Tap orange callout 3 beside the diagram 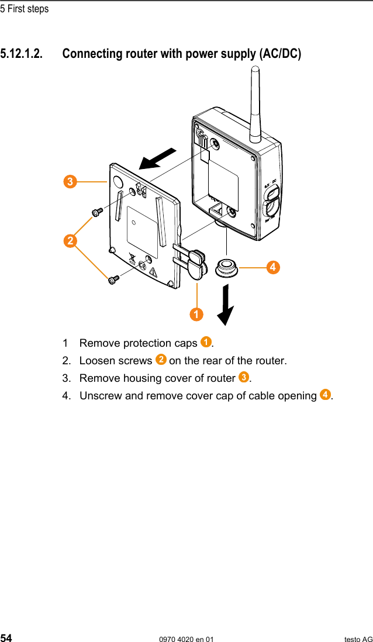(x=70, y=182)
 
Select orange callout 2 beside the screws (x=70, y=240)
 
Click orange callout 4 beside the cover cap (x=272, y=267)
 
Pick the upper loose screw (x=96, y=210)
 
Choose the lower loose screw (x=113, y=280)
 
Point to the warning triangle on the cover (x=154, y=271)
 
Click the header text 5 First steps (x=25, y=9)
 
